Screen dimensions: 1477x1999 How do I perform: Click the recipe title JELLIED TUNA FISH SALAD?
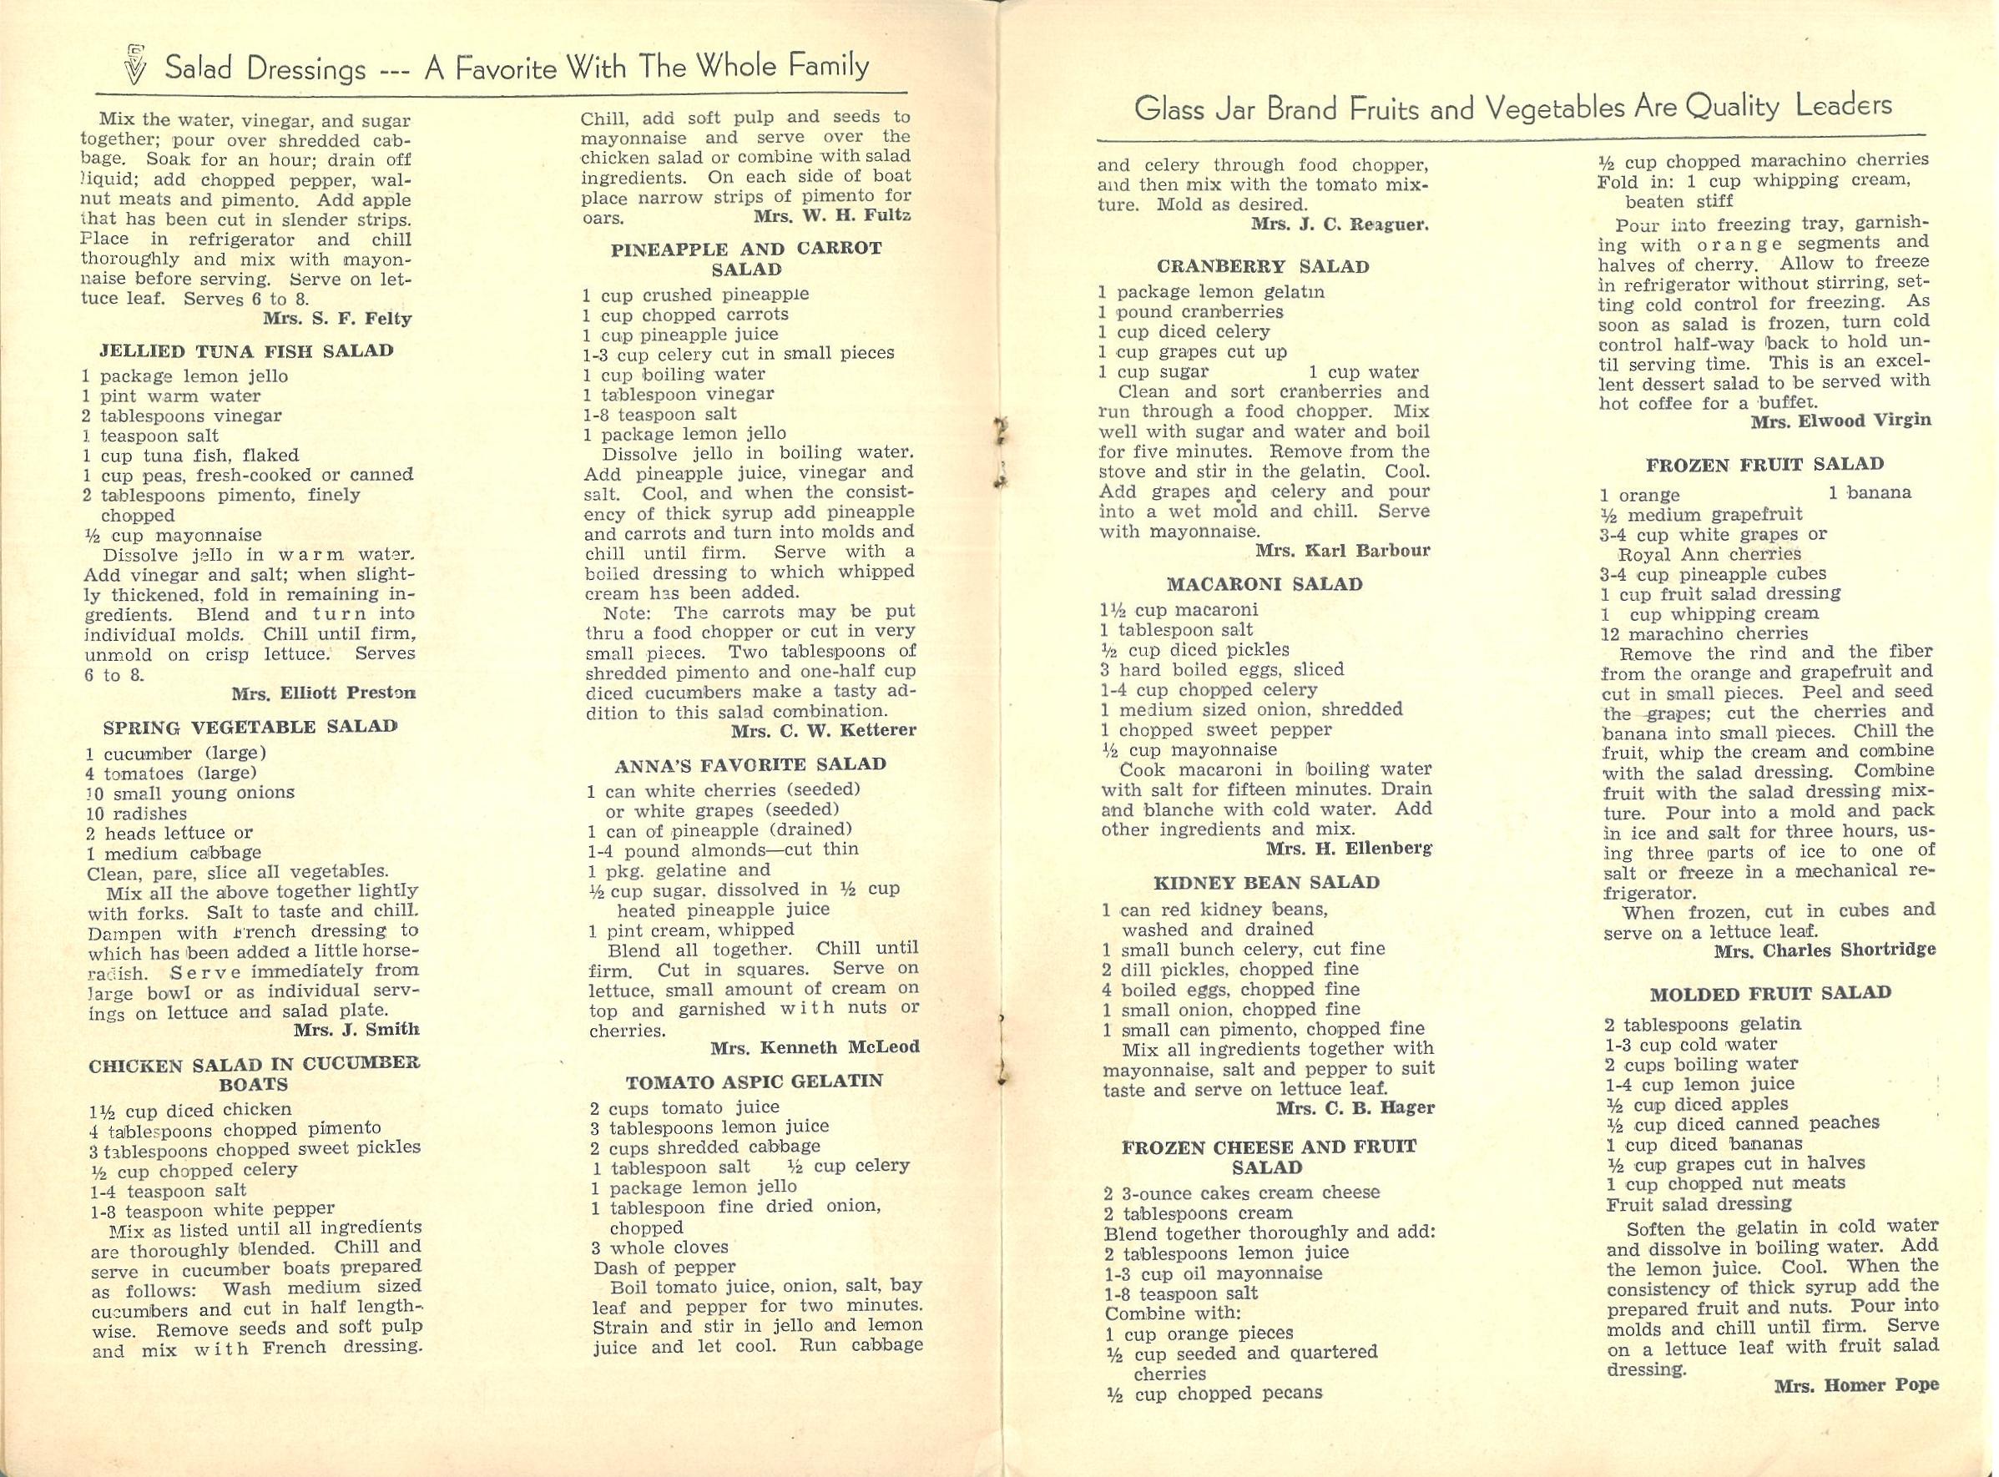(236, 350)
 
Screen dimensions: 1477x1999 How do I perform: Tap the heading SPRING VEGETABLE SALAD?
(250, 727)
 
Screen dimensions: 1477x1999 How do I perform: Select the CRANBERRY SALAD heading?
(1263, 266)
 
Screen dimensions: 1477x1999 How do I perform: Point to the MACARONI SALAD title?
(1265, 585)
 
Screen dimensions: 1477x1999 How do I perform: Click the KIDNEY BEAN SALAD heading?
(1266, 884)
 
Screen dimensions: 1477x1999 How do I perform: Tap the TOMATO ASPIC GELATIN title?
(754, 1081)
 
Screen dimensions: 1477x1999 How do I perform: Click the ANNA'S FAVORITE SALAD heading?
(750, 765)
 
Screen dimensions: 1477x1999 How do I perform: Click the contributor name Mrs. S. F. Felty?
(337, 317)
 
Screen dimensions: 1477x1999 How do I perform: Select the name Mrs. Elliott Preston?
(324, 693)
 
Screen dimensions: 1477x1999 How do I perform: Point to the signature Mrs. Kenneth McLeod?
(815, 1047)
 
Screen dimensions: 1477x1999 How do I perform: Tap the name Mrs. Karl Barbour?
(1342, 551)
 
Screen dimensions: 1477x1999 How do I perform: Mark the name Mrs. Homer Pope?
(1856, 1386)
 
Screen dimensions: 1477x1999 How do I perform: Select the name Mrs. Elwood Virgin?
(1840, 421)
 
